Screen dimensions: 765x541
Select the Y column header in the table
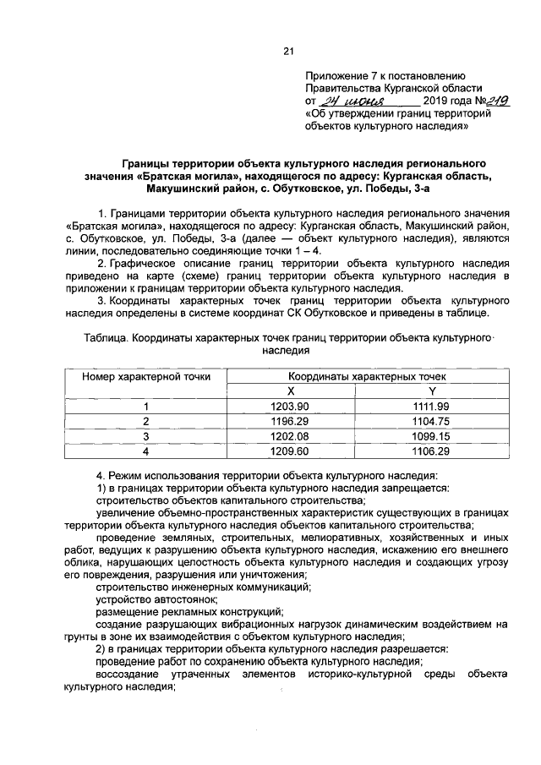432,391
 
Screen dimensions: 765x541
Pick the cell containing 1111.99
432,406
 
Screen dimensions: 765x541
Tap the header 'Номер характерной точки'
145,376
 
